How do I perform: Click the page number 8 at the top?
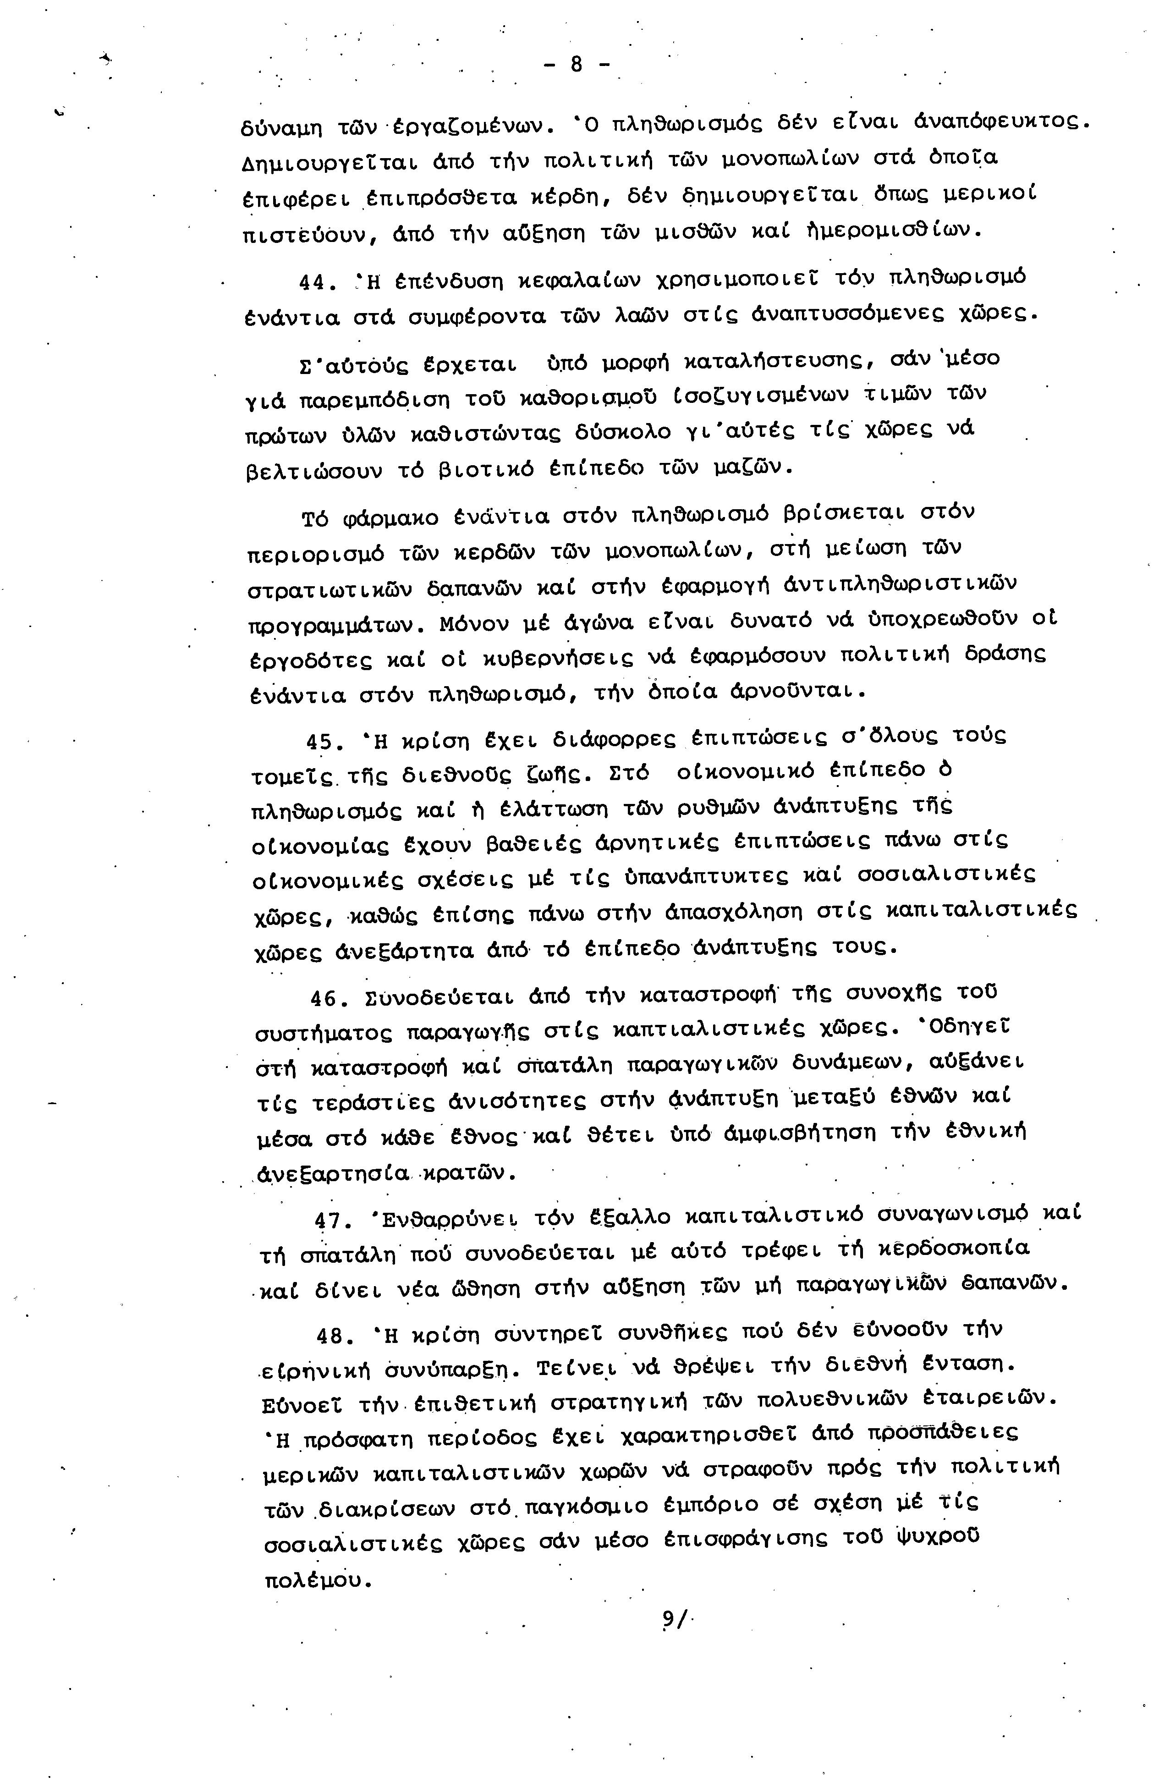[576, 66]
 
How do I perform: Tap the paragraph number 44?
[312, 283]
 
